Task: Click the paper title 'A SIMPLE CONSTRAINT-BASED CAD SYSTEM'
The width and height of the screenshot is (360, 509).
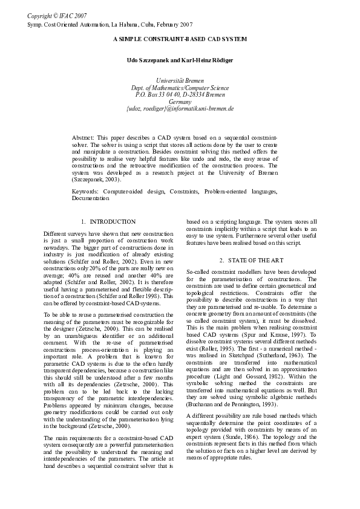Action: pyautogui.click(x=180, y=39)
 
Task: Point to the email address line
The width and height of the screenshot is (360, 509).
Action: pyautogui.click(x=180, y=109)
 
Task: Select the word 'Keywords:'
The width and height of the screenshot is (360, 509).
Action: pyautogui.click(x=85, y=191)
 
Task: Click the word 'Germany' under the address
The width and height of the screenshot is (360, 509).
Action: pyautogui.click(x=180, y=102)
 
